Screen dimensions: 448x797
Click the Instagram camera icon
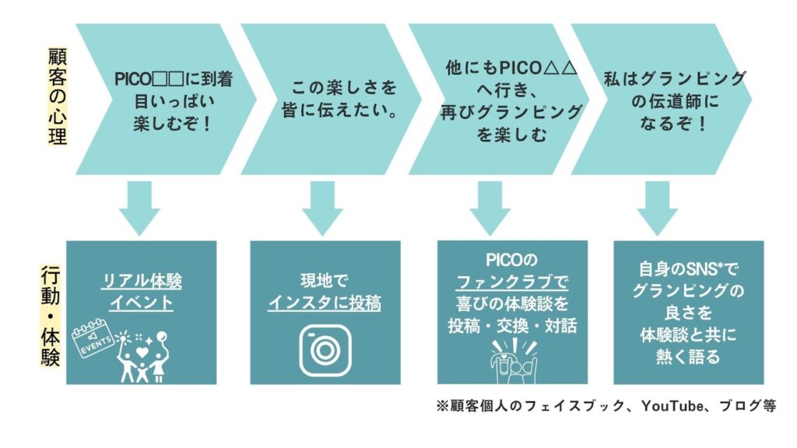click(325, 350)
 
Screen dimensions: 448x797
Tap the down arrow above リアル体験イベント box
click(140, 208)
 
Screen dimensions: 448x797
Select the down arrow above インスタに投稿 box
click(322, 208)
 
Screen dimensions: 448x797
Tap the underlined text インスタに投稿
click(325, 304)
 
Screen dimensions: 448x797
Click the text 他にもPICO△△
click(511, 68)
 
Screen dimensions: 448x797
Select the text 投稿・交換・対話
click(511, 325)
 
